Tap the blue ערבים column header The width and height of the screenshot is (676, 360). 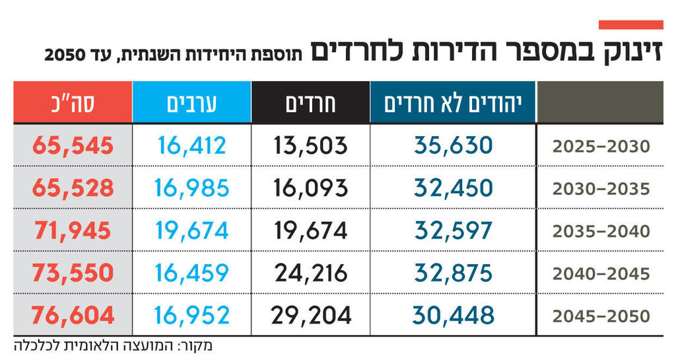(x=191, y=102)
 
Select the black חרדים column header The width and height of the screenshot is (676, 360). (x=311, y=102)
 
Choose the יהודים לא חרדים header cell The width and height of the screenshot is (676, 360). (x=454, y=102)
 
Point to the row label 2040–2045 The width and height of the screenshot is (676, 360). (x=601, y=273)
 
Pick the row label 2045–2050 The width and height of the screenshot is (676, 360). (x=601, y=316)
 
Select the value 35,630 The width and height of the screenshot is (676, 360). (x=454, y=145)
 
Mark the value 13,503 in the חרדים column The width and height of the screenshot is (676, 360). (x=310, y=145)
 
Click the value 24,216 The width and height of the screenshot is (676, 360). (x=310, y=273)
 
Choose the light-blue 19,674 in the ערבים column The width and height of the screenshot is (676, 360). (x=191, y=230)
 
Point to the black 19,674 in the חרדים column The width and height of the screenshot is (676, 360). (x=310, y=230)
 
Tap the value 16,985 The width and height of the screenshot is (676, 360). (x=191, y=188)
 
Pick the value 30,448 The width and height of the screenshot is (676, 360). (x=454, y=315)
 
